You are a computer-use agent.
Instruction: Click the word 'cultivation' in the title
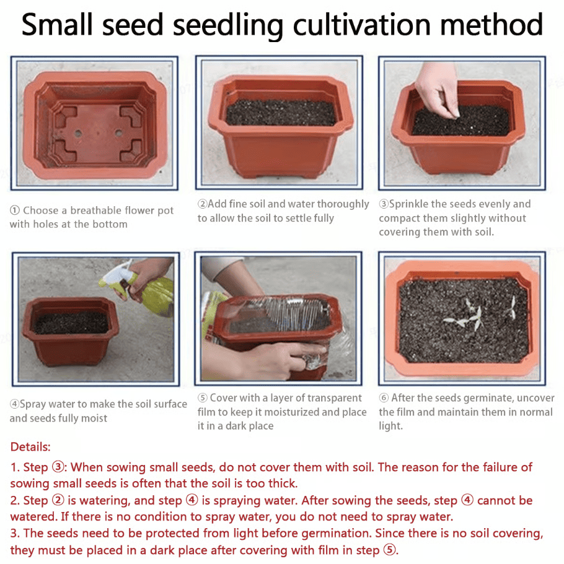click(361, 25)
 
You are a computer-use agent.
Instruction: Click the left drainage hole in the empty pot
click(78, 134)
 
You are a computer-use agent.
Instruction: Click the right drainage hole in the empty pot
click(118, 132)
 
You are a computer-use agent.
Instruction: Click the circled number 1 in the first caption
click(14, 210)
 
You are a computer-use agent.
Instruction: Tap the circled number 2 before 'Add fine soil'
click(203, 204)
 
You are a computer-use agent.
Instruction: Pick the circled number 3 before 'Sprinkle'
click(384, 204)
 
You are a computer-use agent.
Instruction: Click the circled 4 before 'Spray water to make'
click(14, 404)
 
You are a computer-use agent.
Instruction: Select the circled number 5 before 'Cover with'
click(203, 398)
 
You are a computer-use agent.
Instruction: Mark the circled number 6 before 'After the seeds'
click(384, 398)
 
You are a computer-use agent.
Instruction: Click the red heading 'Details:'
click(30, 447)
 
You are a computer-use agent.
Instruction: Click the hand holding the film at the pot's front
click(274, 360)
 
